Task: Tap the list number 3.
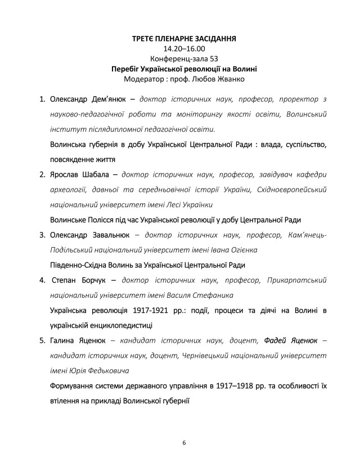[42, 235]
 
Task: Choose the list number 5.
[42, 340]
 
